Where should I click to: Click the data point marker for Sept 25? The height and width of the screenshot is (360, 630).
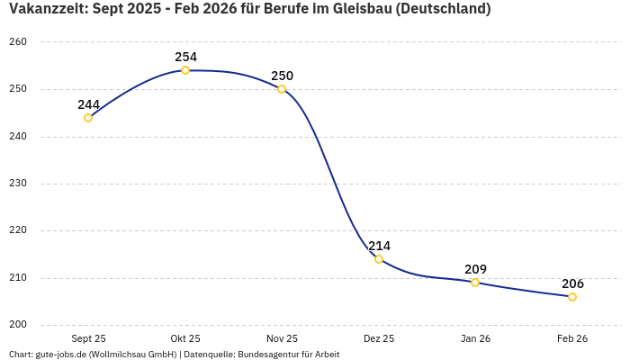[88, 118]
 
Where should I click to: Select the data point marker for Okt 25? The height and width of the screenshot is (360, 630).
[185, 70]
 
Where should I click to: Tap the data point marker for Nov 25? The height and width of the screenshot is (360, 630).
[282, 89]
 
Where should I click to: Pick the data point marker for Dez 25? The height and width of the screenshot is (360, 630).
[379, 259]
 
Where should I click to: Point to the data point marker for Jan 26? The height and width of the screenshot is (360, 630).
[475, 283]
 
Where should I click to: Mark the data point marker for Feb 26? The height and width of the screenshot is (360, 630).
[572, 297]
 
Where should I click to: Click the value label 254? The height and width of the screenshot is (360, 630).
[185, 57]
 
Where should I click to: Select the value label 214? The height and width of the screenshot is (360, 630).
[379, 246]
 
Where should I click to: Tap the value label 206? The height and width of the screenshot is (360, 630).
[572, 283]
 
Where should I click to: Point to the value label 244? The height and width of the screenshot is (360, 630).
[88, 104]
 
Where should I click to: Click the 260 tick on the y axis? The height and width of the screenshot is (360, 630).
[18, 42]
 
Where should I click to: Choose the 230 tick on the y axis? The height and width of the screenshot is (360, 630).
[18, 184]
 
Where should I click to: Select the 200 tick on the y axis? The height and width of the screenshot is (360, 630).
[18, 325]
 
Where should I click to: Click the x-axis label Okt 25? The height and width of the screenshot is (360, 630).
[185, 338]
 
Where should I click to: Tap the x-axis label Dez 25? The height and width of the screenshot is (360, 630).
[379, 338]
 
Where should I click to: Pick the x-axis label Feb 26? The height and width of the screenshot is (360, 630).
[572, 338]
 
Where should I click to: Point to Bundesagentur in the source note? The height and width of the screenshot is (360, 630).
[265, 355]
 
